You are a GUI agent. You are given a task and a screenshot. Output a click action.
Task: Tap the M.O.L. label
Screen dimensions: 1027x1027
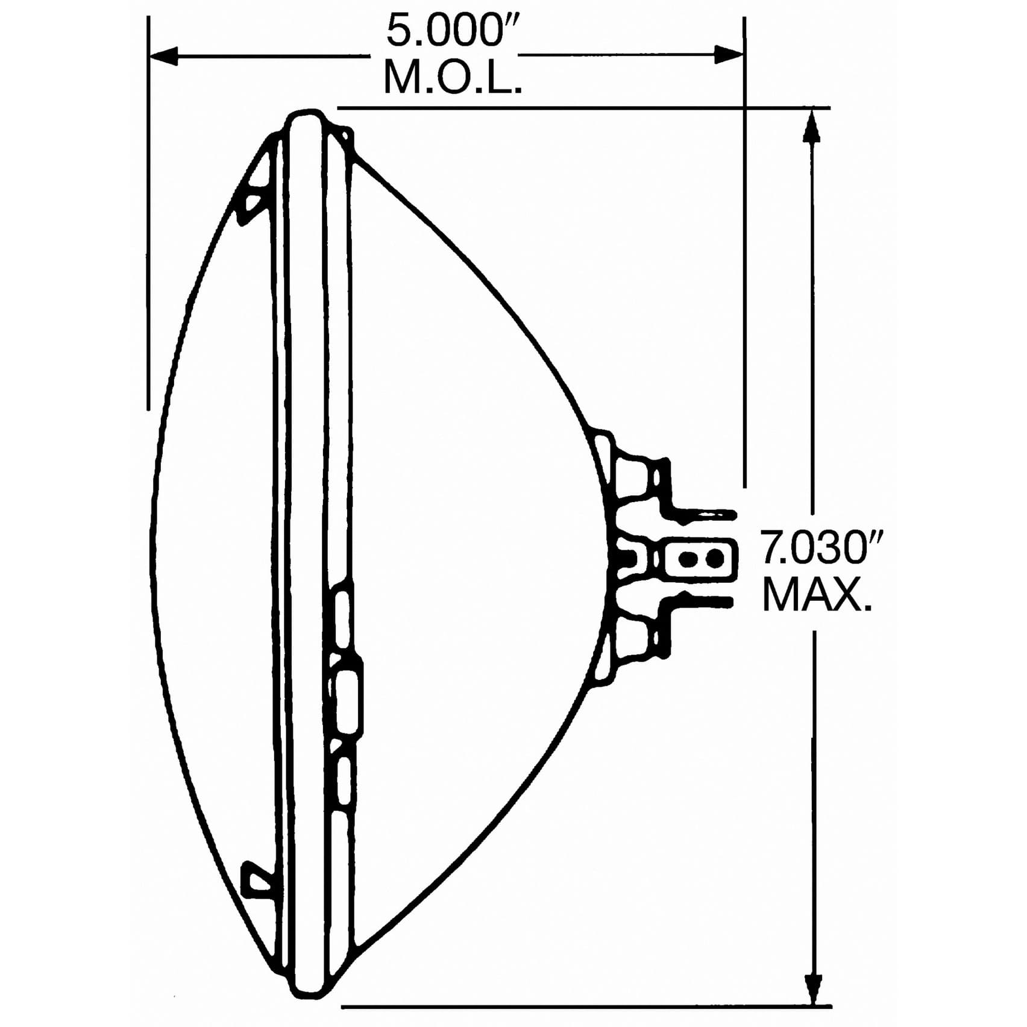452,78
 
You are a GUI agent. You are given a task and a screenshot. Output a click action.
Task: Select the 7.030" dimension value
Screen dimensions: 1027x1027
821,548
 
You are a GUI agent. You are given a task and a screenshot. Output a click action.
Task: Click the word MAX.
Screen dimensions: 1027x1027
817,595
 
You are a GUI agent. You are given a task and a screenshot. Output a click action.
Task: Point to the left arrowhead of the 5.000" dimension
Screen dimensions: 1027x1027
164,56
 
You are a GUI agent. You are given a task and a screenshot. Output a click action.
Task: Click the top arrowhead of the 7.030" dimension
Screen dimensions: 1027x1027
812,127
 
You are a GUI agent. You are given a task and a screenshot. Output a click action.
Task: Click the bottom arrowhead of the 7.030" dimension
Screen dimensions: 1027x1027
813,988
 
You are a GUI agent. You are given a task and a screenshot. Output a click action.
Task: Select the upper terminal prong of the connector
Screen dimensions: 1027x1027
705,515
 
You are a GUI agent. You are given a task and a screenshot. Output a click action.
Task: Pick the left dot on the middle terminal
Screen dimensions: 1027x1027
685,559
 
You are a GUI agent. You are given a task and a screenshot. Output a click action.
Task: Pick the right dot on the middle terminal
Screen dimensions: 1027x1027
714,559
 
